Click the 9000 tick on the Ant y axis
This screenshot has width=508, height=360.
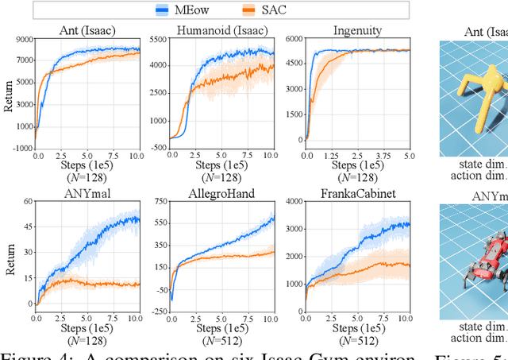click(x=23, y=40)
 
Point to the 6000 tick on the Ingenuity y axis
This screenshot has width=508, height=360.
click(x=294, y=40)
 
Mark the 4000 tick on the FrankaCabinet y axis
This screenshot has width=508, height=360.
click(x=294, y=202)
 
